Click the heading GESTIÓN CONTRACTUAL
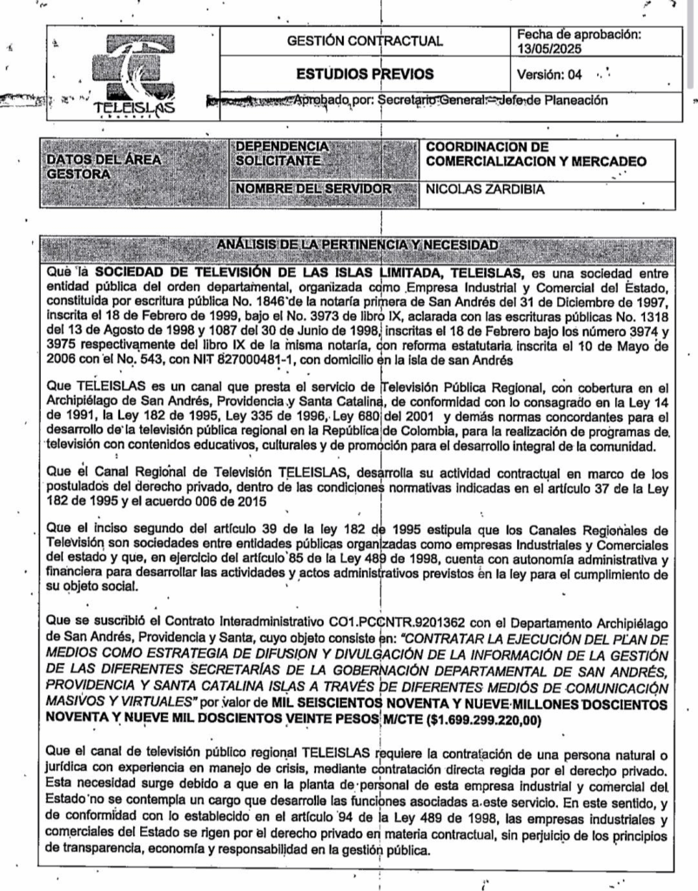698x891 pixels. pos(365,41)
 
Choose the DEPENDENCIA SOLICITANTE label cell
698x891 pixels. pos(283,153)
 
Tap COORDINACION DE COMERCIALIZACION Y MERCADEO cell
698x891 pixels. pos(536,153)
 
